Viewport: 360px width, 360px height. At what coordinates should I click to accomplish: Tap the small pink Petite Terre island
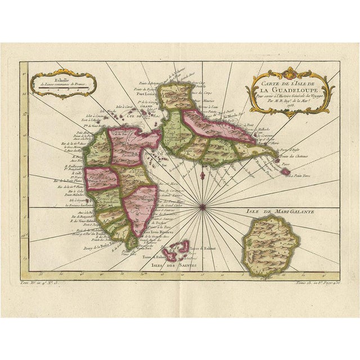[285, 170]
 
